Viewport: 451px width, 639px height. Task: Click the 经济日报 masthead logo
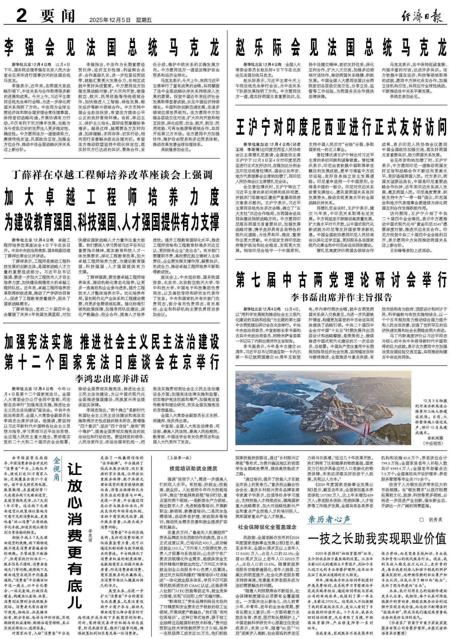coord(422,17)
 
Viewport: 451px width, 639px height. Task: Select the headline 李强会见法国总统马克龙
coord(112,47)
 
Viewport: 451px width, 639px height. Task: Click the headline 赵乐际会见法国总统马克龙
coord(341,47)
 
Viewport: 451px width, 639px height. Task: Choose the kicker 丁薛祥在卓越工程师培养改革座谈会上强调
coord(112,175)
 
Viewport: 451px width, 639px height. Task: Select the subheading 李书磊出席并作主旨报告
coord(341,297)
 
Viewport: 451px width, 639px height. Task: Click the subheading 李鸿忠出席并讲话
coord(112,378)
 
